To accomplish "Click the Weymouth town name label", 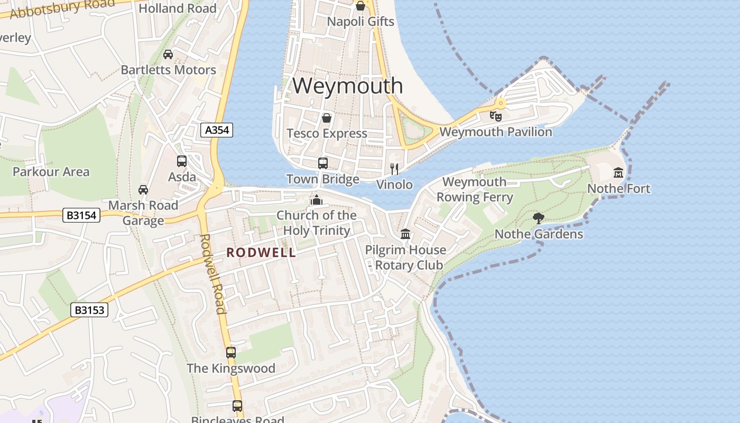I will tap(347, 86).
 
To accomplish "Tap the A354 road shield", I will tap(217, 130).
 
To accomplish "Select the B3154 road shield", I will tap(81, 215).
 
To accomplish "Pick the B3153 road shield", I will tap(89, 310).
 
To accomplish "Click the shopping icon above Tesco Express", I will tap(327, 117).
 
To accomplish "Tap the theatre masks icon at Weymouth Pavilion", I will tap(495, 116).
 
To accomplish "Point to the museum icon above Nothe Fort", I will tap(618, 172).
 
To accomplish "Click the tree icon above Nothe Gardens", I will tap(539, 218).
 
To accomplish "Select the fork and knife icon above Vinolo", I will tap(394, 169).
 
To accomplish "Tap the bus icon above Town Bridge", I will tap(323, 163).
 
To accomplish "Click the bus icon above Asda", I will tap(182, 161).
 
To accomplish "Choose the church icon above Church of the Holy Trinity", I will tap(317, 199).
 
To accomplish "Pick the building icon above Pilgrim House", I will tap(405, 234).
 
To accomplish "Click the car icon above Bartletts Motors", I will tap(168, 54).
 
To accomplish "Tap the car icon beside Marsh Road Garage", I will tap(143, 189).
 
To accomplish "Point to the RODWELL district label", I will tap(261, 253).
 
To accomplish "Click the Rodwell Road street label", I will tap(213, 273).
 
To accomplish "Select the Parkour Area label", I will tap(51, 172).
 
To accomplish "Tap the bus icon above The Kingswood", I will tap(231, 352).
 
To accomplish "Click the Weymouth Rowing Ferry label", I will tap(475, 190).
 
